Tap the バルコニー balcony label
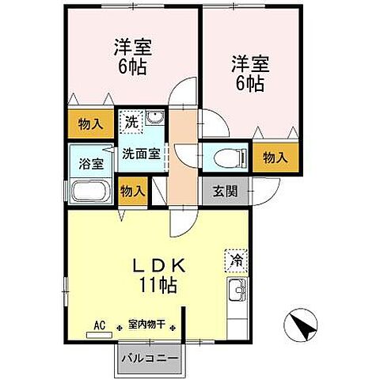(x=150, y=358)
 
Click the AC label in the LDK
(x=100, y=324)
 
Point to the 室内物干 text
(x=146, y=325)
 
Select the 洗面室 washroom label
(x=142, y=154)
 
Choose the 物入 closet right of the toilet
(x=275, y=157)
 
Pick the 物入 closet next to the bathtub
(x=132, y=191)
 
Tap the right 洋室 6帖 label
(x=249, y=71)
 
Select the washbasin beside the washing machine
(x=154, y=120)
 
